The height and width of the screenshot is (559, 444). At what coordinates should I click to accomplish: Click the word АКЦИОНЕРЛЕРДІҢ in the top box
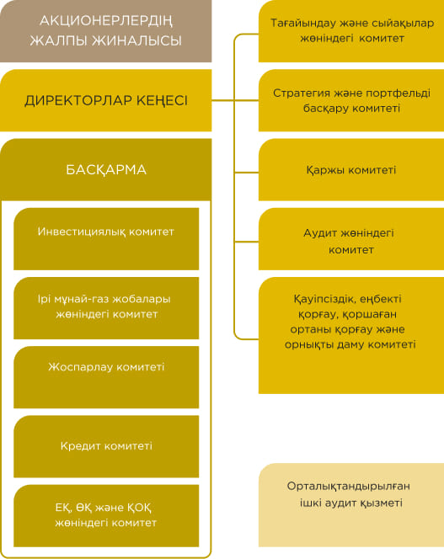pos(106,21)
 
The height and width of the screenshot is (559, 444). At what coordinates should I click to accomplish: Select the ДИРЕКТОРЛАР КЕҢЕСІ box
pos(105,100)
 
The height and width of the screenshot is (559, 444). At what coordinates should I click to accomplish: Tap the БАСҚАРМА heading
pos(106,170)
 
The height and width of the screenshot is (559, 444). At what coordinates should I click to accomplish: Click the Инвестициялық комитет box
pos(106,239)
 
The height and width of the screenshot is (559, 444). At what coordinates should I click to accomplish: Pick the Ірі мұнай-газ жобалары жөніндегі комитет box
pos(106,308)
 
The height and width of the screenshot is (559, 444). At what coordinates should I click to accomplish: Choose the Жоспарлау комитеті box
pos(106,377)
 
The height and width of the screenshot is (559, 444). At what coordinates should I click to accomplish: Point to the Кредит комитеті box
pos(106,446)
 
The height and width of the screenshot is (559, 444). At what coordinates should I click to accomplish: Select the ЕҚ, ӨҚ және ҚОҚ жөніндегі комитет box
pos(106,515)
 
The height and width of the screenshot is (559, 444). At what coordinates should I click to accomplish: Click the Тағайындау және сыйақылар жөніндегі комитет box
pos(351,31)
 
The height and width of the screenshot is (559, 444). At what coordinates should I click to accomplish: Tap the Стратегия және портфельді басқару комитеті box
pos(351,100)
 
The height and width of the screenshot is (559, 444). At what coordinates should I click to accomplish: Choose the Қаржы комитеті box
pos(351,170)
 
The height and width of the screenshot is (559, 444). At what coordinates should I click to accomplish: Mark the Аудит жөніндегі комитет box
pos(351,239)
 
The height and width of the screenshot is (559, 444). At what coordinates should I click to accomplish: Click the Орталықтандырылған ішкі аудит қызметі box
pos(351,505)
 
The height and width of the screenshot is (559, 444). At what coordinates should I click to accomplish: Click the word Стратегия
pos(301,93)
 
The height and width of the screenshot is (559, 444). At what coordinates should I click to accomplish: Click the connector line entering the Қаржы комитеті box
pos(246,173)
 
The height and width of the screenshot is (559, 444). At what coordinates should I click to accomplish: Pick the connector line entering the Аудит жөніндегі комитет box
pos(246,242)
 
